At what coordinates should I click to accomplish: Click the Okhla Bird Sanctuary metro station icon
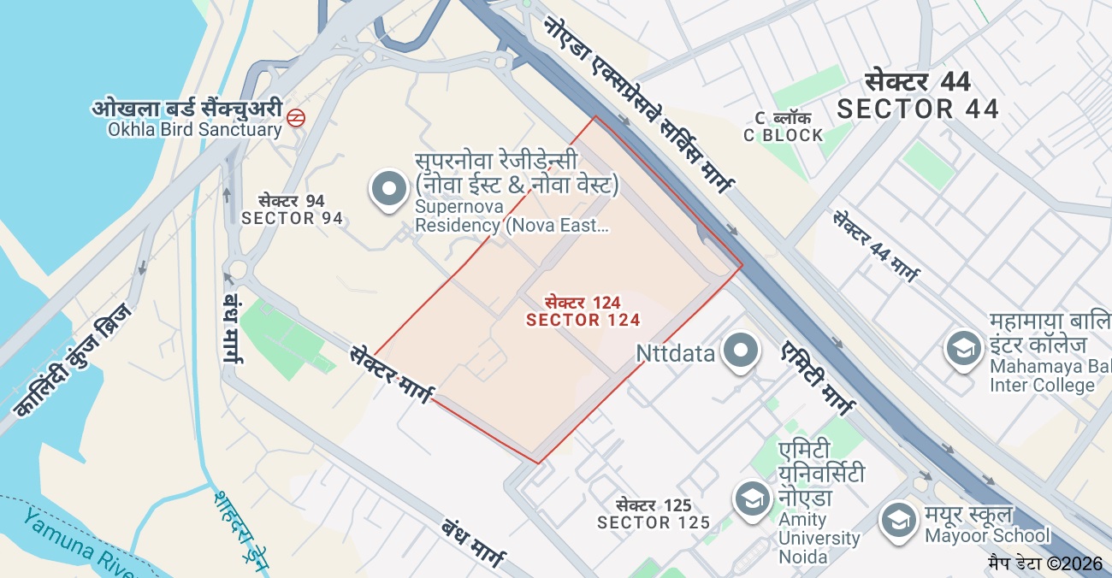click(x=296, y=118)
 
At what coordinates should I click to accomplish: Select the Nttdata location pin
click(x=740, y=351)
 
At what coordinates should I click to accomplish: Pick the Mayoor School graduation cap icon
click(x=898, y=519)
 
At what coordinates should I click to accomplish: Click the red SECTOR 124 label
click(x=583, y=320)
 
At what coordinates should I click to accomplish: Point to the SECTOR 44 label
click(x=918, y=109)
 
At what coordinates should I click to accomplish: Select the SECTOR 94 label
click(x=292, y=218)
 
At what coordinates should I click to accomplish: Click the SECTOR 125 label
click(x=654, y=522)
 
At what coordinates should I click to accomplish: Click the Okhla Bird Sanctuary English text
click(x=194, y=130)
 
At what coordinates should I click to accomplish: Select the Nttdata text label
click(x=676, y=353)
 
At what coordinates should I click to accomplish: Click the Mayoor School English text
click(x=987, y=536)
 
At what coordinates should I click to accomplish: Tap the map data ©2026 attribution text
click(x=1045, y=563)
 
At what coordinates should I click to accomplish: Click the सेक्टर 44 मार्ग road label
click(x=876, y=246)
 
